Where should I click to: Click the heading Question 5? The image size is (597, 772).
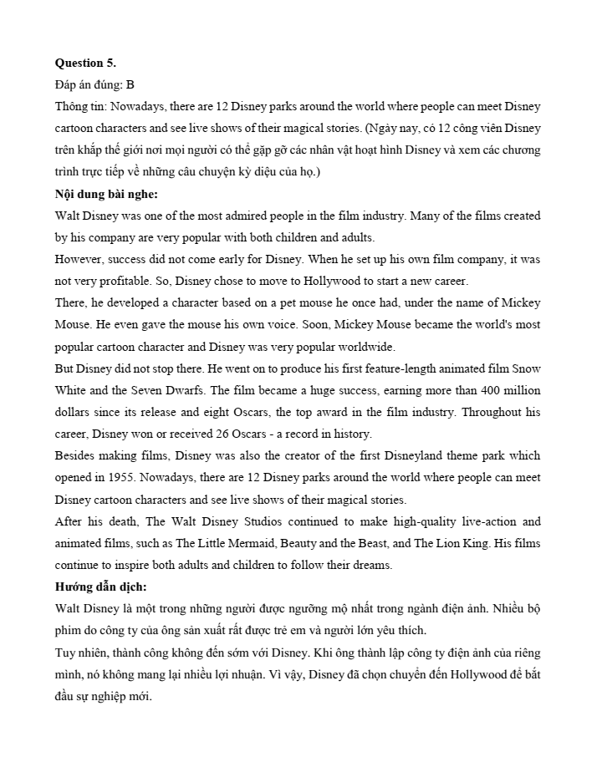point(85,63)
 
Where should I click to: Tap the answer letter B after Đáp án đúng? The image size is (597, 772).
point(130,85)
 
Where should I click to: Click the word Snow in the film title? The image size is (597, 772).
point(526,368)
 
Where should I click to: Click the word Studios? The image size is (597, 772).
point(258,521)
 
